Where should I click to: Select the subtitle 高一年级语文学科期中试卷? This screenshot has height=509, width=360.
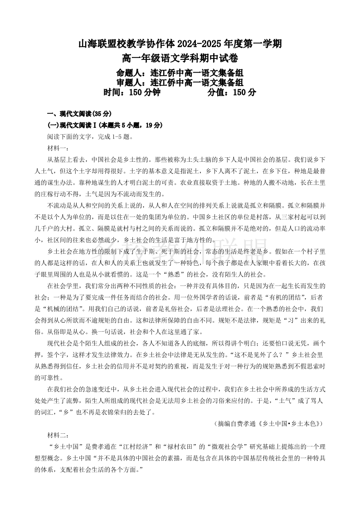(x=180, y=58)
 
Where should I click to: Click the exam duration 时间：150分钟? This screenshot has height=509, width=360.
(x=132, y=92)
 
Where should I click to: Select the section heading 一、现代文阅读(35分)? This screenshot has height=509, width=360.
(x=79, y=113)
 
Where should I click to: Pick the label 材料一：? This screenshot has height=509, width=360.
(x=58, y=148)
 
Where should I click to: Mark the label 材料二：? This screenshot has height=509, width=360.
(x=58, y=435)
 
